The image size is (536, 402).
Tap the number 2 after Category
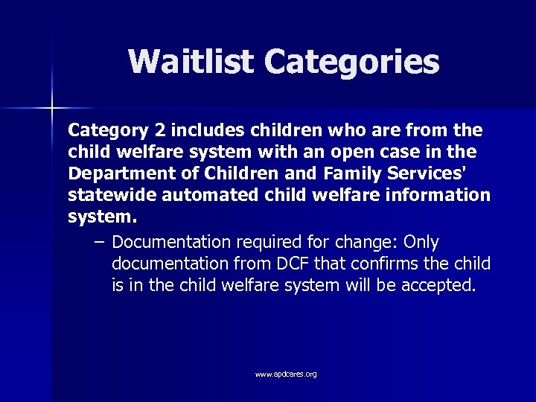pos(159,131)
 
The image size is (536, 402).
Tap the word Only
pos(421,243)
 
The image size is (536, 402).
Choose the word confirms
pos(393,264)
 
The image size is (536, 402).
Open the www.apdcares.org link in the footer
pos(286,374)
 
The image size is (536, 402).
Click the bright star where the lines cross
pos(52,109)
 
